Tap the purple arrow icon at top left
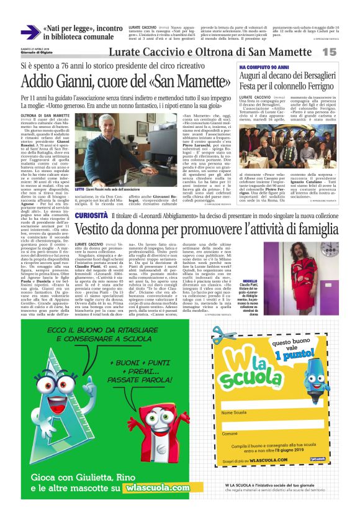click(30, 33)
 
